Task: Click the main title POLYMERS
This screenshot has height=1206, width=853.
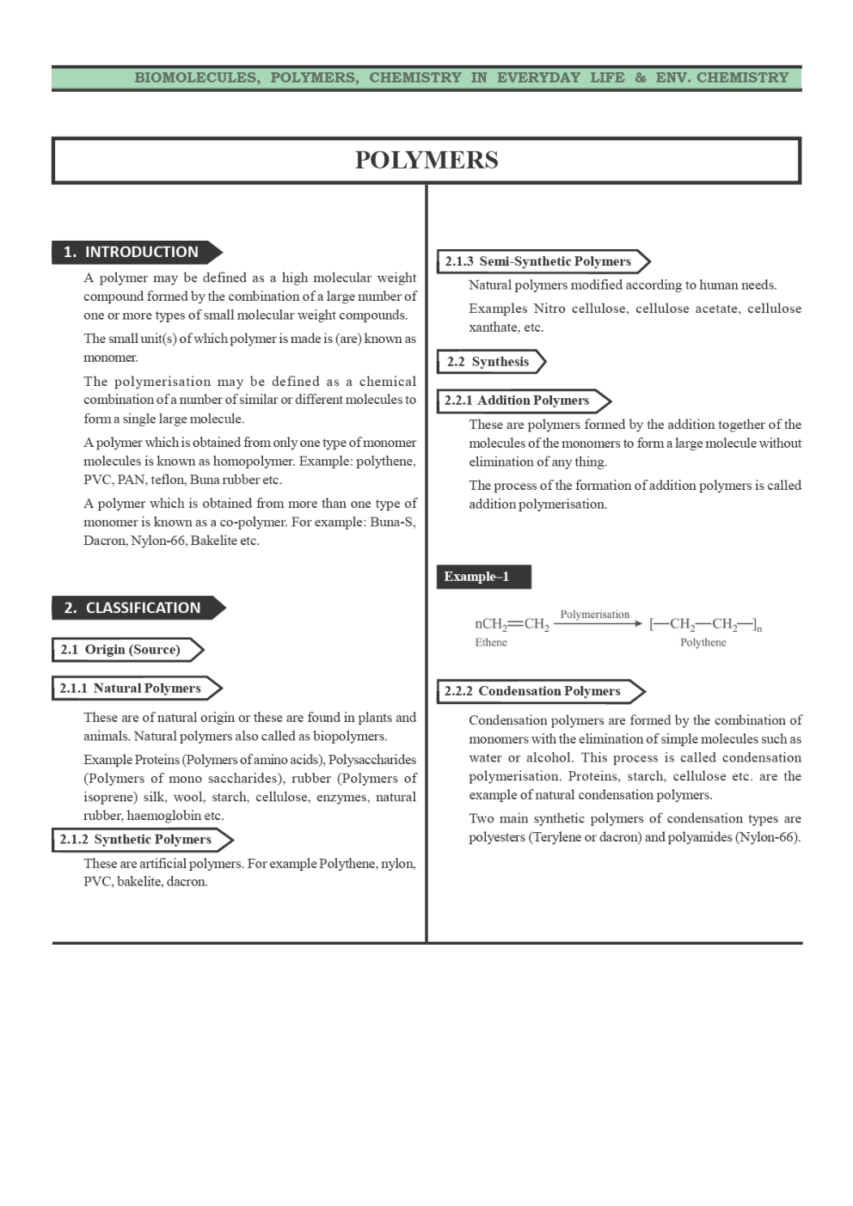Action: point(426,161)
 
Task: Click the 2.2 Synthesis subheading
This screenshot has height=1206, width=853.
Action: point(488,362)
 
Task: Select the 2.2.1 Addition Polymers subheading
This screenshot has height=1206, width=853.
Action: point(517,401)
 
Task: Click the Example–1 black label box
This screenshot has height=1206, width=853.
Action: point(482,577)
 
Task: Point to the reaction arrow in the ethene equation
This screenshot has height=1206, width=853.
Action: point(598,624)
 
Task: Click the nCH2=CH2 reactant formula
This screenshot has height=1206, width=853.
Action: point(512,624)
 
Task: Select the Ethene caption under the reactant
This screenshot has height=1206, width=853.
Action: point(491,643)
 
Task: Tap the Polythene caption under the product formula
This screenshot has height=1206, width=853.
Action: point(703,643)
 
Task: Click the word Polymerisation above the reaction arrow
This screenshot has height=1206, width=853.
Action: point(594,615)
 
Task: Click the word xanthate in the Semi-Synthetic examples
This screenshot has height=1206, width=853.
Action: point(494,328)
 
